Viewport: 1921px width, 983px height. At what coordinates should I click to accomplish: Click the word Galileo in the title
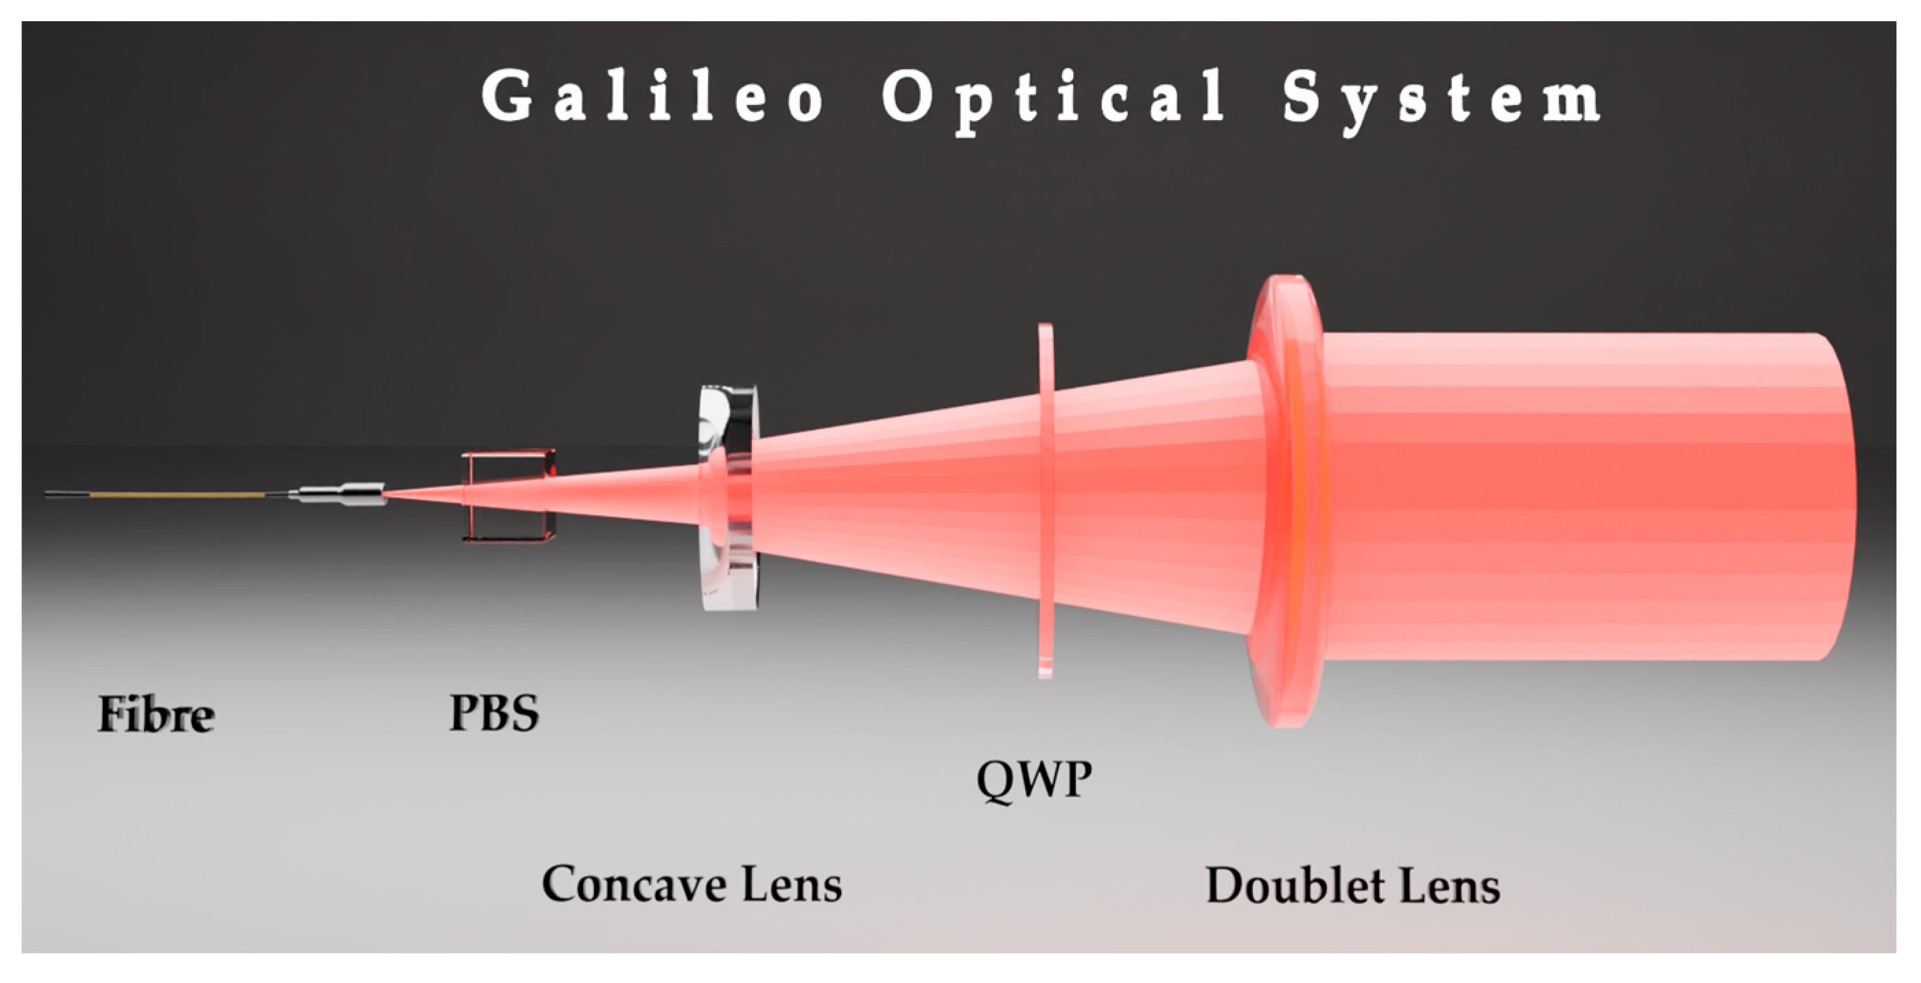(x=653, y=95)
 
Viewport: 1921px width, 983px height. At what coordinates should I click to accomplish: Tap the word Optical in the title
(x=1052, y=102)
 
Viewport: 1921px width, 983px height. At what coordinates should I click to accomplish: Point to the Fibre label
(x=156, y=714)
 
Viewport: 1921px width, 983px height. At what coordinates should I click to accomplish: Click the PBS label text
(x=494, y=712)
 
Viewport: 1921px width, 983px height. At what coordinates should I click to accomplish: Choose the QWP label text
(x=1035, y=780)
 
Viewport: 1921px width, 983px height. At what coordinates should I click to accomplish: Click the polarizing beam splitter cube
(x=508, y=495)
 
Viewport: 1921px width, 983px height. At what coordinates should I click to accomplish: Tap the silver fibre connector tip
(x=342, y=494)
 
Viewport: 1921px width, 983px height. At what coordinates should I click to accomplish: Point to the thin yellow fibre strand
(x=178, y=495)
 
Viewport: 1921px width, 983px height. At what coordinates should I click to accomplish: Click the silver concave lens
(x=729, y=497)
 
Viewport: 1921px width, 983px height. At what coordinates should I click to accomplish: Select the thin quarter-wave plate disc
(x=1046, y=501)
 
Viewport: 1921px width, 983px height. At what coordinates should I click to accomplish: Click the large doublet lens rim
(x=1286, y=501)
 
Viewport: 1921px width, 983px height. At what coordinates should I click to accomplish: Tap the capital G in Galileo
(x=508, y=95)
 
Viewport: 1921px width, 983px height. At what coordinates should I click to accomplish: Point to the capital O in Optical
(x=908, y=95)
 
